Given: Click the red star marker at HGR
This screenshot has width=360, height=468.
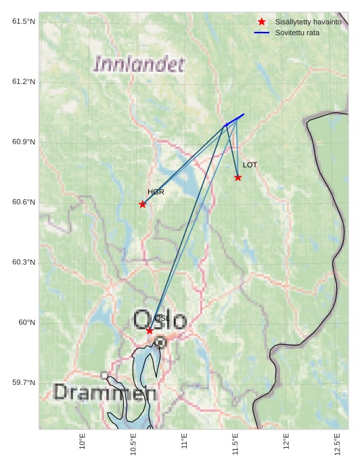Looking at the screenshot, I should [142, 205].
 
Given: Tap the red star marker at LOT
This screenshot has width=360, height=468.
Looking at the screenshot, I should [238, 177].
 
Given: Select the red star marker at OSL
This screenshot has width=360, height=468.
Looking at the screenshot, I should [150, 331].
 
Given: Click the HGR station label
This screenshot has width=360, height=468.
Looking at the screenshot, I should [156, 192].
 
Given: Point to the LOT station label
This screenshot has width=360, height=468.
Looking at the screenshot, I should [250, 165].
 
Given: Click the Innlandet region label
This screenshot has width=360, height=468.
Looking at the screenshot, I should [139, 65].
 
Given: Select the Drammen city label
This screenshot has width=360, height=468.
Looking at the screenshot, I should [105, 392].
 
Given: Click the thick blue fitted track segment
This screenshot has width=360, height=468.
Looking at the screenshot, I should [235, 119].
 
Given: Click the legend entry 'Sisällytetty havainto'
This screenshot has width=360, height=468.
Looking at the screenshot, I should [308, 22].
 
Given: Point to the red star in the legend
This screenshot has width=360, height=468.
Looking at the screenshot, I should [262, 22].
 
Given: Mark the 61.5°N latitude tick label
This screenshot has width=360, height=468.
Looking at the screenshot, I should [24, 22].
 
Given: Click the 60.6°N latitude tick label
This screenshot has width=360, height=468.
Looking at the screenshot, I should [24, 203].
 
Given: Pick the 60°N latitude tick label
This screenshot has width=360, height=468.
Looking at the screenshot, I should [27, 322].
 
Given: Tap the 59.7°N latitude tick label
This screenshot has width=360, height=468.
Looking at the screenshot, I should [24, 383].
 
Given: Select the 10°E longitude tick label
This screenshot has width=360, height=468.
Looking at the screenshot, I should [83, 441].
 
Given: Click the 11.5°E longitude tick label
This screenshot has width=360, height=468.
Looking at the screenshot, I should [235, 441].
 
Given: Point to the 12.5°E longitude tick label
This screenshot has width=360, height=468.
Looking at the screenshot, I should [338, 441].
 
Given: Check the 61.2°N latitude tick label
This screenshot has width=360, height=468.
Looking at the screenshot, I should [24, 82].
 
